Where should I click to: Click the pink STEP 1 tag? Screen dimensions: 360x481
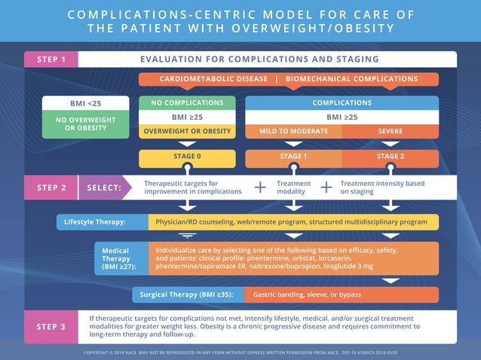51,59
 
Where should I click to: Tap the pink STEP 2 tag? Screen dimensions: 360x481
51,188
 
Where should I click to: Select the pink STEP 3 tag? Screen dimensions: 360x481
51,326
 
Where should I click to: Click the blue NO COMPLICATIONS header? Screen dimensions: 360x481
187,103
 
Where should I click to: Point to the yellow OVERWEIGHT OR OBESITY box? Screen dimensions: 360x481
187,131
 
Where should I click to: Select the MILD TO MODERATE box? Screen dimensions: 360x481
294,131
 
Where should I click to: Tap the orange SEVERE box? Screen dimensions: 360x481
390,131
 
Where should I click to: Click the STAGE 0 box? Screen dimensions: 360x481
187,157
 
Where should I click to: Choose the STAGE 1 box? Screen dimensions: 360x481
294,157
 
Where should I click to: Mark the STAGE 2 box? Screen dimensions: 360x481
390,157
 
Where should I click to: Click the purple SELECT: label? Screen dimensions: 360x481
104,188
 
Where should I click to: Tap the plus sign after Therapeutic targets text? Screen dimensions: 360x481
260,188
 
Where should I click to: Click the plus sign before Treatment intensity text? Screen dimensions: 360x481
326,188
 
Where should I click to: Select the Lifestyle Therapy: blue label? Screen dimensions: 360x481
95,222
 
